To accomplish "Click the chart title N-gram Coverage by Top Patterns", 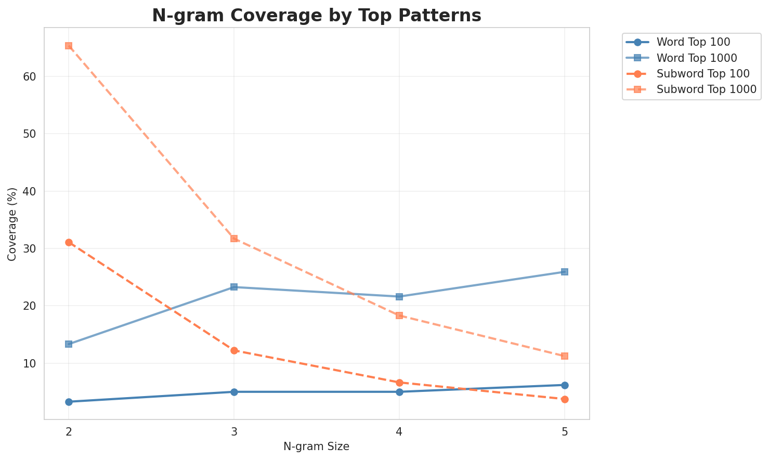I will [x=316, y=16].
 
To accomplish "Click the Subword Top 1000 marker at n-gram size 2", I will [x=69, y=46].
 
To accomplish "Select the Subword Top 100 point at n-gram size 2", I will [x=69, y=242].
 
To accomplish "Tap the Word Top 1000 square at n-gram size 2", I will [x=69, y=344].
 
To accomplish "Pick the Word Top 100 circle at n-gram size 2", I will [x=69, y=402].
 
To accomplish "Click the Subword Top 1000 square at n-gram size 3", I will [x=234, y=239].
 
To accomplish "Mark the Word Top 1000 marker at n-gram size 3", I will [x=234, y=287].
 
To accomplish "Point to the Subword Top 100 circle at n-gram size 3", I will [x=234, y=350].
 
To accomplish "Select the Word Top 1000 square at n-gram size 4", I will [x=399, y=297].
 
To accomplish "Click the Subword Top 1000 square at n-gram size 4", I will [x=399, y=316].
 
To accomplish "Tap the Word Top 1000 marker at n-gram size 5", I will [x=565, y=272].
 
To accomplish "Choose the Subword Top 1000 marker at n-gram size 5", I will [x=565, y=356].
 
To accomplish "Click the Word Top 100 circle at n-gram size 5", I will [x=565, y=385].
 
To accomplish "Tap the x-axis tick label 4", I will [x=399, y=432].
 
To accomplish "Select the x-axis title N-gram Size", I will [x=316, y=446].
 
